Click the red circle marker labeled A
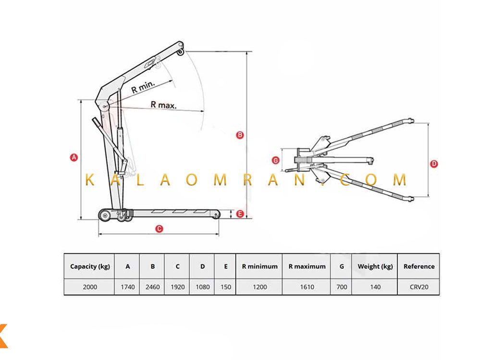pos(74,157)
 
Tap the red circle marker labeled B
pos(240,135)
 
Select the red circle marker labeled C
pos(160,228)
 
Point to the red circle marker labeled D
pos(434,163)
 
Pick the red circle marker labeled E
pos(240,214)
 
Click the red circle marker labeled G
pos(275,160)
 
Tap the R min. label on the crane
pos(143,87)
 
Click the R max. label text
pos(163,105)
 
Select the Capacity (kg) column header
pos(90,266)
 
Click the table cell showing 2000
pos(90,287)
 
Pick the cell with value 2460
pos(152,287)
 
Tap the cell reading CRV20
pos(419,287)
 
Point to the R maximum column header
pos(307,266)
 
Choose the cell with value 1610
pos(307,287)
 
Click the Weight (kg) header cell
pos(375,266)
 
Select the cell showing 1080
pos(203,287)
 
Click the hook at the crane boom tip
pos(180,51)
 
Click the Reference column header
pos(419,266)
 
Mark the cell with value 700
pos(342,287)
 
